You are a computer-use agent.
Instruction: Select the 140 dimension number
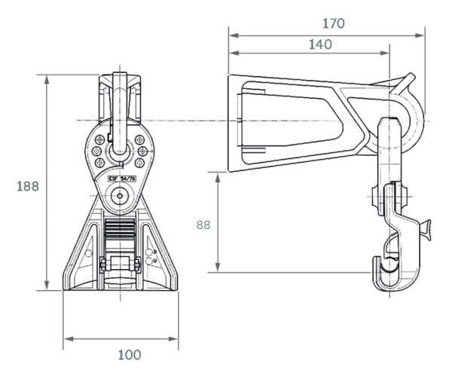(319, 45)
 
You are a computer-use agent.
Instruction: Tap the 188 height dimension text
(28, 185)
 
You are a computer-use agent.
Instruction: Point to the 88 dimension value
(203, 224)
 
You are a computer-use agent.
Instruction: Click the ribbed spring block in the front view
(120, 230)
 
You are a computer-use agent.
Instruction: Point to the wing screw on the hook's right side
(426, 227)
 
